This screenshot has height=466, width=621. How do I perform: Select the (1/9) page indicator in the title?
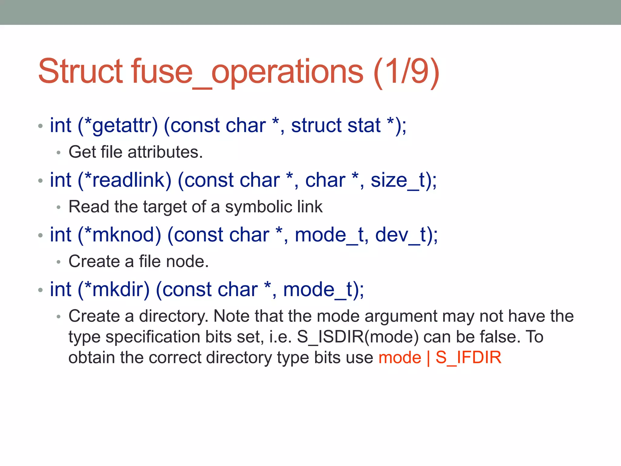coord(406,72)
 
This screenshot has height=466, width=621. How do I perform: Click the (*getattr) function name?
coord(118,125)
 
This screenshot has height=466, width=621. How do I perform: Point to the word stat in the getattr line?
coord(364,125)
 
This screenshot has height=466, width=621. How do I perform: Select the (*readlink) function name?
coord(125,180)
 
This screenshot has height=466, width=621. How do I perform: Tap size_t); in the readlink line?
coord(404,180)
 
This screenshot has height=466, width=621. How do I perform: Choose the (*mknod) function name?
coord(119,235)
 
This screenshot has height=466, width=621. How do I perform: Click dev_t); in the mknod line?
coord(406,235)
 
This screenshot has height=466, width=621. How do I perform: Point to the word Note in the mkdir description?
coord(232,316)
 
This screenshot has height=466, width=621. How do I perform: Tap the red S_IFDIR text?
coord(468,357)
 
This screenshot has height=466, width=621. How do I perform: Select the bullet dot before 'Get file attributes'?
coord(59,152)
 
